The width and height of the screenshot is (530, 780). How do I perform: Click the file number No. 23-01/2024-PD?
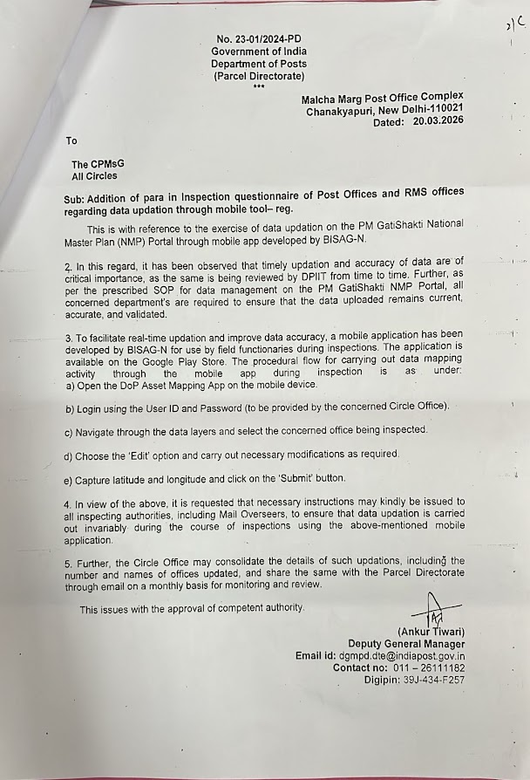pos(259,39)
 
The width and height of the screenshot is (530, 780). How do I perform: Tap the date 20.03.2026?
pos(434,123)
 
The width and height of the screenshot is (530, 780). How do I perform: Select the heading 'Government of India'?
pos(259,51)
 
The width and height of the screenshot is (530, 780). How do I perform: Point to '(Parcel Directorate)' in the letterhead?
pos(259,76)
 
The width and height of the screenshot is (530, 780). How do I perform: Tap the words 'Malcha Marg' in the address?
pos(332,98)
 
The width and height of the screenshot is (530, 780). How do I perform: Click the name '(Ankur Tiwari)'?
pos(431,631)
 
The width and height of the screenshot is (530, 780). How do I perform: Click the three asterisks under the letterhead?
pos(259,86)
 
